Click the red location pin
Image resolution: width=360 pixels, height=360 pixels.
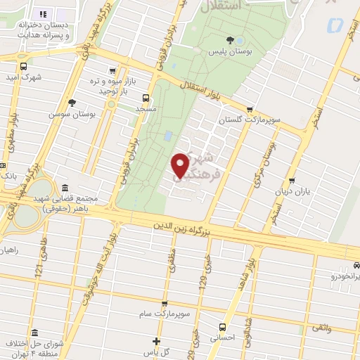pos(181,165)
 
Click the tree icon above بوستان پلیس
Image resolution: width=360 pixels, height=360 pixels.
pos(229,40)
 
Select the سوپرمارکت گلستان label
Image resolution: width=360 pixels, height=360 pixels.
pos(249,120)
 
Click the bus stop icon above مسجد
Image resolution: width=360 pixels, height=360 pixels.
pos(146,98)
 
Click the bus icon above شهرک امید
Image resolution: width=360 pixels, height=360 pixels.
pos(25,67)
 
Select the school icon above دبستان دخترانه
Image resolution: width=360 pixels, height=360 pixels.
pos(42,13)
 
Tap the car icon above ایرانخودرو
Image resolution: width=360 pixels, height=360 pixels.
pos(356,265)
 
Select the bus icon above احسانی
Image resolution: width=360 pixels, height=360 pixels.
pos(222,326)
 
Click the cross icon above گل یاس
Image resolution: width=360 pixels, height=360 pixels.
pos(157,341)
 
